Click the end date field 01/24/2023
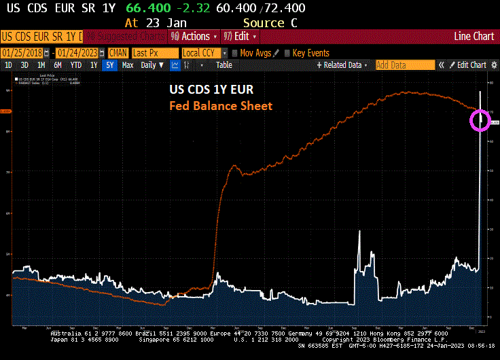click(x=77, y=53)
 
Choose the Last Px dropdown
click(x=155, y=53)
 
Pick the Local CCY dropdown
click(x=203, y=53)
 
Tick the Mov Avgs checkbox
click(x=235, y=53)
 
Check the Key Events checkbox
click(x=287, y=53)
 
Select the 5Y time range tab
click(x=109, y=65)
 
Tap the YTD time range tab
click(x=75, y=65)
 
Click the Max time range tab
click(x=127, y=65)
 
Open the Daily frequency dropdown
click(x=151, y=65)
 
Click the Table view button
click(x=224, y=65)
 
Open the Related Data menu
click(x=342, y=65)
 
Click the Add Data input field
click(x=404, y=65)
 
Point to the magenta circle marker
click(x=480, y=120)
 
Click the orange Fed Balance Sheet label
click(x=220, y=106)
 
